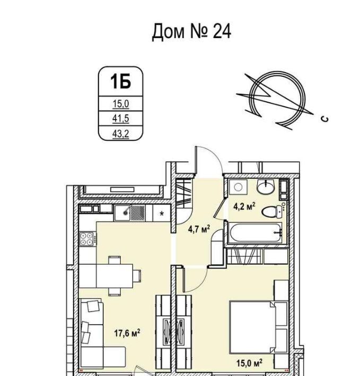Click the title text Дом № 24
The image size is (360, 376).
[191, 31]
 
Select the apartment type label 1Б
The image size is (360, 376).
[120, 82]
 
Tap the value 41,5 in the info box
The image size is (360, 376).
[121, 119]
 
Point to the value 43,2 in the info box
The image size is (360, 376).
[121, 133]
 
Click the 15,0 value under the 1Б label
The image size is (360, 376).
[121, 104]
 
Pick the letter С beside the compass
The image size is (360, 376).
[325, 119]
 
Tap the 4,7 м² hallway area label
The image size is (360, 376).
[199, 229]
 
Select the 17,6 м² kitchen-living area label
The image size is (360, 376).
[127, 333]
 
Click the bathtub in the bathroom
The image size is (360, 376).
[254, 232]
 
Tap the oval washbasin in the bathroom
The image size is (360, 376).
[266, 186]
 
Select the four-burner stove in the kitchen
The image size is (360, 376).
[87, 239]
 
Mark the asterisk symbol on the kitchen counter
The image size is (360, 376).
[162, 213]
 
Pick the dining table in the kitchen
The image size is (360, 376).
[115, 276]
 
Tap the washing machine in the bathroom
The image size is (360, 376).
[238, 187]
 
